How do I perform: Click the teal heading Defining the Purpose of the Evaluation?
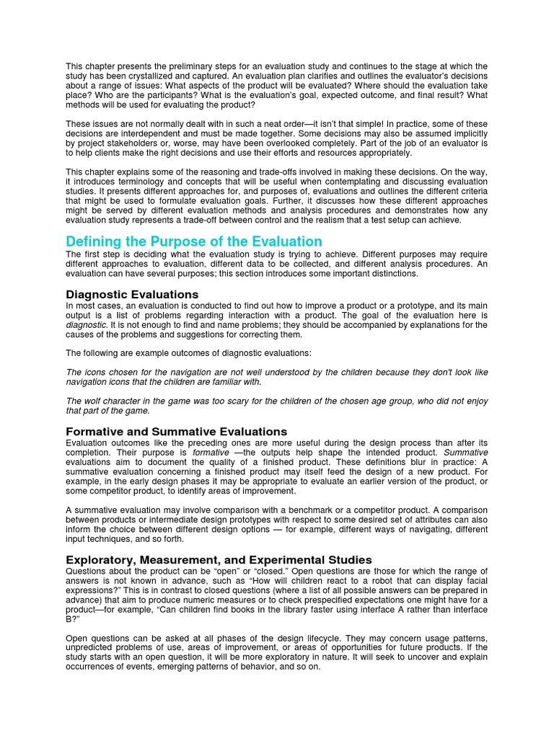click(194, 241)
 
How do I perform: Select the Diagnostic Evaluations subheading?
click(132, 294)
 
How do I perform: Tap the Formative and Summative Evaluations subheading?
click(177, 431)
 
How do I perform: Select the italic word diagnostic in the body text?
click(86, 325)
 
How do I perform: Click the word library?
click(257, 609)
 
